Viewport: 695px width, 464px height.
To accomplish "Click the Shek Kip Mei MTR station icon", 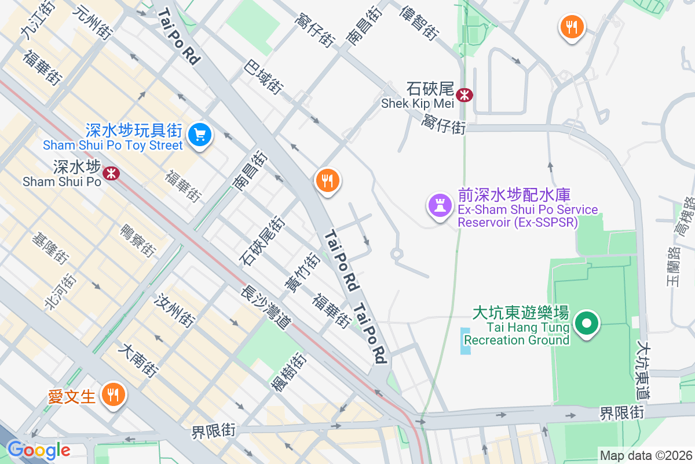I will point(464,95).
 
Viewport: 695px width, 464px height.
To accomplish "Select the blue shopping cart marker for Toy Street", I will point(200,135).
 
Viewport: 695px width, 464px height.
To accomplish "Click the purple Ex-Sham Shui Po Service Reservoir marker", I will point(439,205).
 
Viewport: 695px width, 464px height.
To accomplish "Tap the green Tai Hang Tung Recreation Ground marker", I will point(587,324).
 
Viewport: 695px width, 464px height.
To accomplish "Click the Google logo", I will point(38,449).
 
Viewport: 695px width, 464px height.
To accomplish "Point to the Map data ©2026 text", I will point(645,455).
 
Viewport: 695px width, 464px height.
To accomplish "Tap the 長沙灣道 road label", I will point(265,310).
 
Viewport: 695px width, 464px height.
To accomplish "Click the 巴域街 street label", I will point(264,77).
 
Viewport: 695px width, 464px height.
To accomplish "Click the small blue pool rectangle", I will point(466,341).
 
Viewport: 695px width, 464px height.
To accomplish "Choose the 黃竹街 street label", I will point(302,273).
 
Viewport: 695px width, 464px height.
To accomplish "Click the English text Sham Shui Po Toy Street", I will point(113,146).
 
